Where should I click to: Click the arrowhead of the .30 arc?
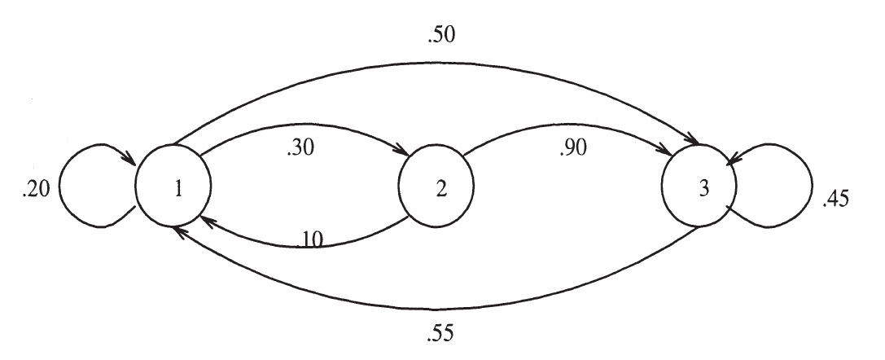pyautogui.click(x=403, y=151)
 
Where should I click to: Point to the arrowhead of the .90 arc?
pyautogui.click(x=668, y=152)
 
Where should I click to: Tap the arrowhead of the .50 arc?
pyautogui.click(x=695, y=142)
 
